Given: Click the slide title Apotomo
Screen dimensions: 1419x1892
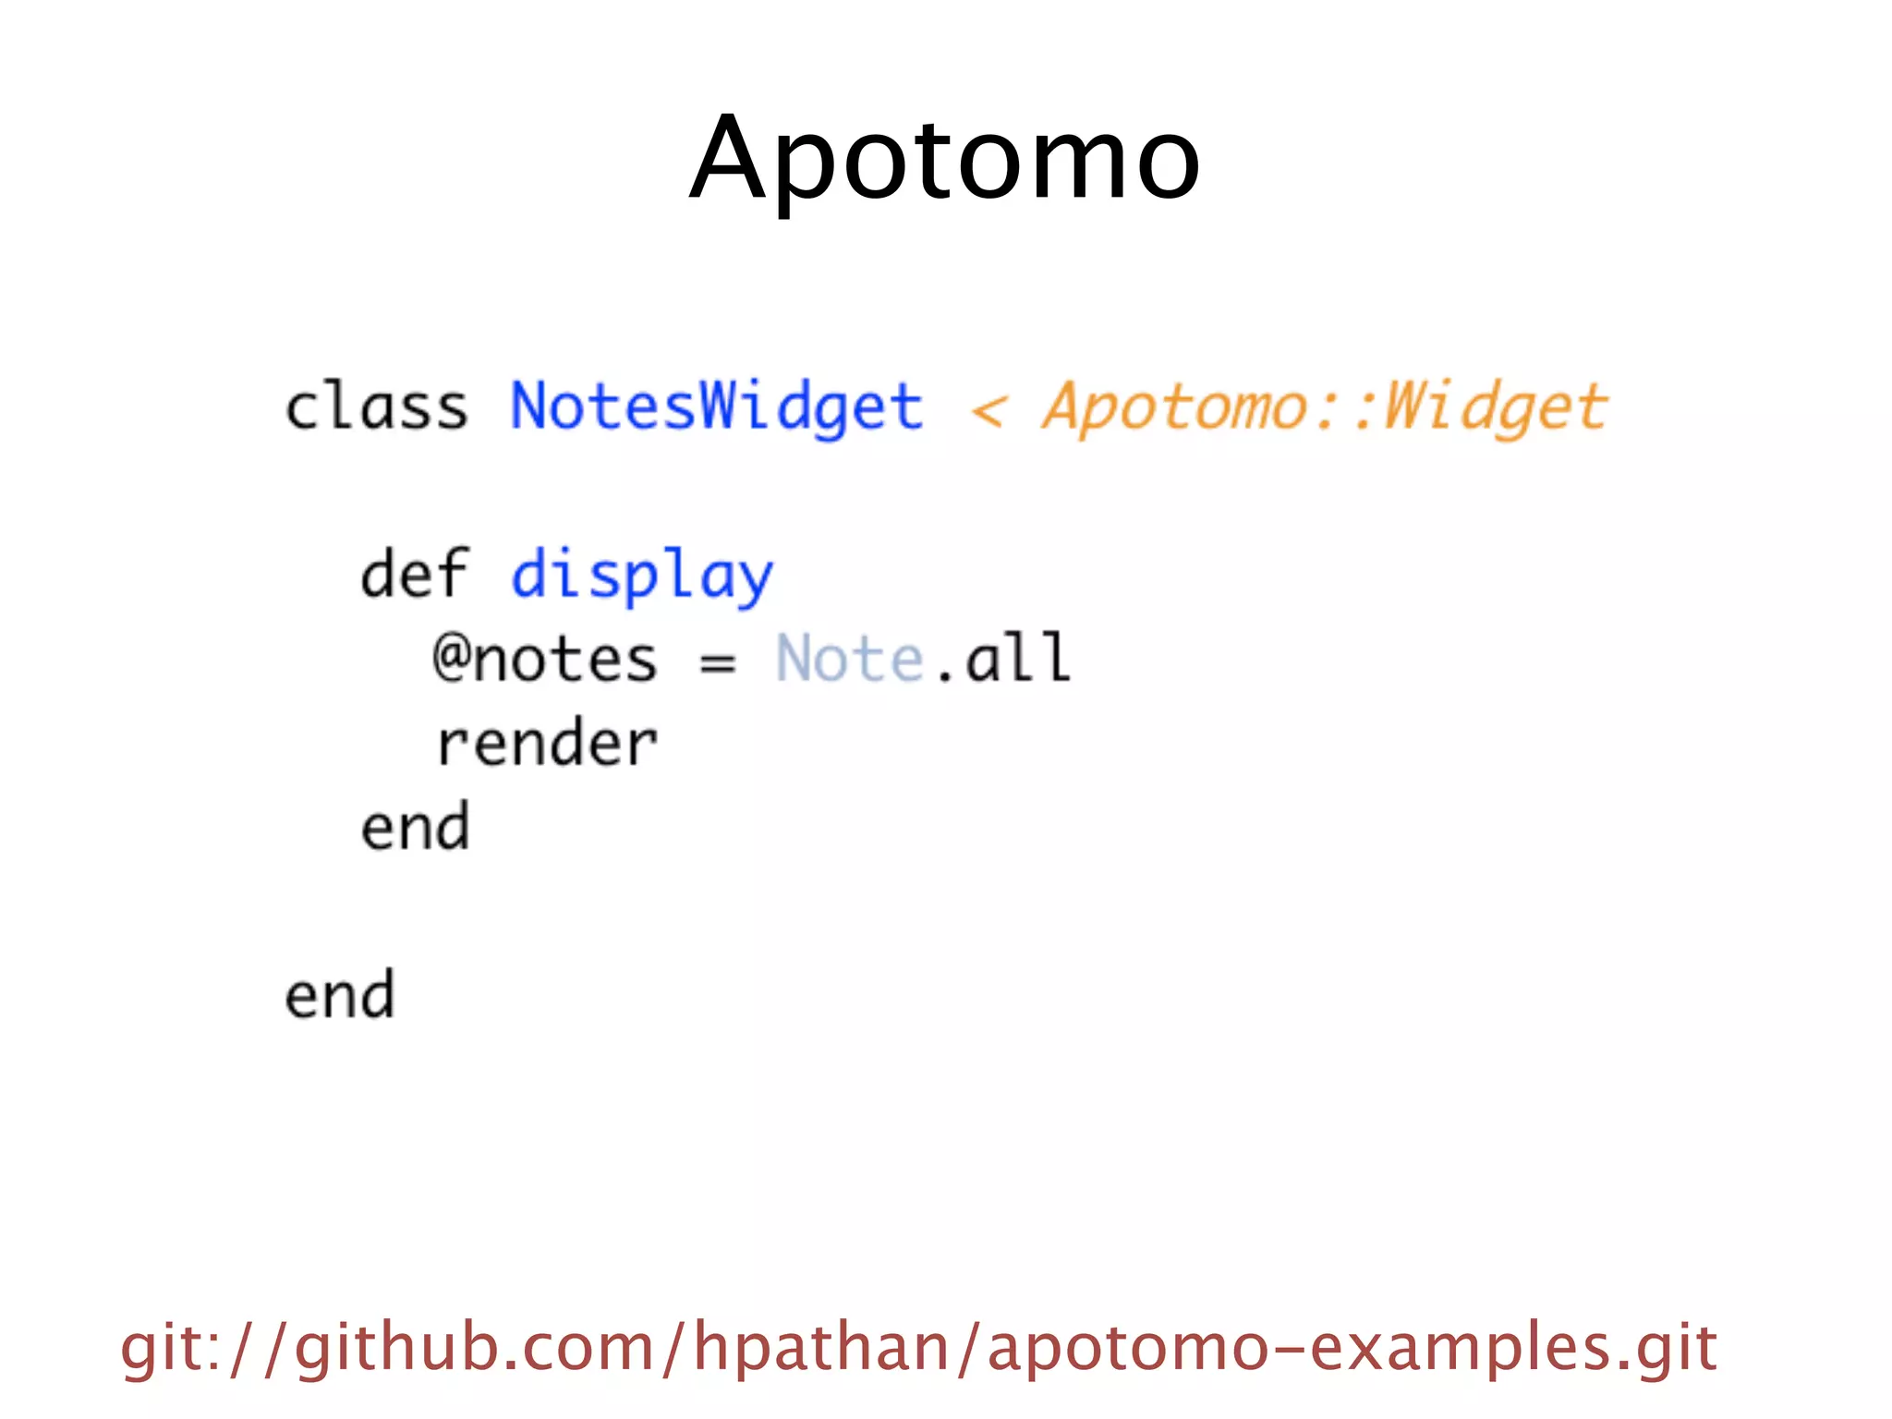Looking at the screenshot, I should pos(944,159).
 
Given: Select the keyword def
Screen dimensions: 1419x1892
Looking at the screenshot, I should pos(414,575).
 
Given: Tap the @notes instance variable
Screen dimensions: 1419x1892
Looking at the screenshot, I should pos(545,660).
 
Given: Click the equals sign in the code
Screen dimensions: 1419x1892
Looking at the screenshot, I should pos(717,661).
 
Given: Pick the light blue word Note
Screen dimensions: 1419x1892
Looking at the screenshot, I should pos(849,660).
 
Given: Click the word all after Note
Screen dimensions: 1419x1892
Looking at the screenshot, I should pos(1017,658).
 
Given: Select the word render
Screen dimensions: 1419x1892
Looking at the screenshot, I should pos(547,744).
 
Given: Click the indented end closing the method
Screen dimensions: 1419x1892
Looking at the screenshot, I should pos(415,827).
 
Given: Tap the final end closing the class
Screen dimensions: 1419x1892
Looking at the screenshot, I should pos(339,995).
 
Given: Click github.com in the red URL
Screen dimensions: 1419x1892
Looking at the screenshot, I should pos(475,1348).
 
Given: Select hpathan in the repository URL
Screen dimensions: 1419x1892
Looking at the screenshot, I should pos(822,1348).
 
